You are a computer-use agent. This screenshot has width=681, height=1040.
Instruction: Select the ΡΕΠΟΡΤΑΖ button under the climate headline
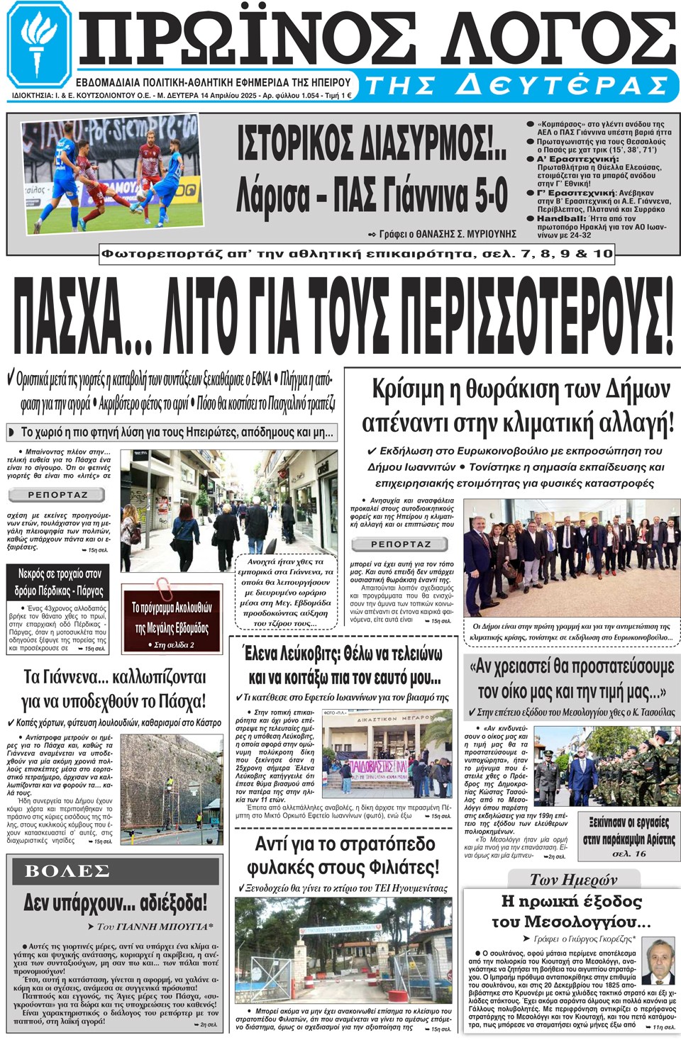(401, 544)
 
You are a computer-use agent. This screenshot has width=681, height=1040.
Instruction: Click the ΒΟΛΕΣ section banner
(67, 871)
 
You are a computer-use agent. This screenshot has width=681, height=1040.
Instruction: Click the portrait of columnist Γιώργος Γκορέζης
(658, 962)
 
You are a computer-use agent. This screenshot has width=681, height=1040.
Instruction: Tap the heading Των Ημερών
(573, 880)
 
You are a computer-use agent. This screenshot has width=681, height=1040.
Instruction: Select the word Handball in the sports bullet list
(561, 218)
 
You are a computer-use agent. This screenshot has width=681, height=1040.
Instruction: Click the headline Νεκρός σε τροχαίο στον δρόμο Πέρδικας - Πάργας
(60, 581)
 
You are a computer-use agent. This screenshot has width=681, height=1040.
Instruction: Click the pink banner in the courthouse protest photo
(380, 768)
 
